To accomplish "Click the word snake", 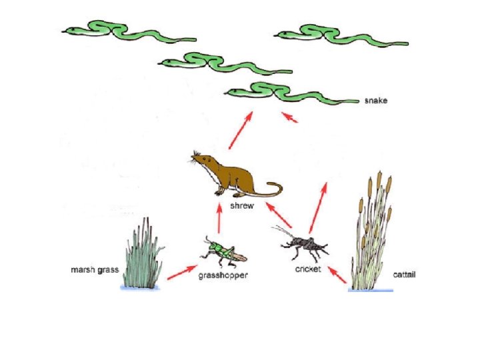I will pyautogui.click(x=375, y=101).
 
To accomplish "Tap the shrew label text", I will pyautogui.click(x=241, y=206).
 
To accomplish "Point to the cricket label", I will pyautogui.click(x=308, y=269).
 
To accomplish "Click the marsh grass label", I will pyautogui.click(x=93, y=271).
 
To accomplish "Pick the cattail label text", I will pyautogui.click(x=404, y=274).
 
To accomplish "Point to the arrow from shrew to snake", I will pyautogui.click(x=241, y=131).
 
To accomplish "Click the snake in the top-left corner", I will pyautogui.click(x=127, y=31).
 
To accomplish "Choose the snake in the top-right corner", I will pyautogui.click(x=340, y=35).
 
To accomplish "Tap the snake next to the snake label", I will pyautogui.click(x=293, y=95).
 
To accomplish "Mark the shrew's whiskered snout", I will pyautogui.click(x=196, y=159).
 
